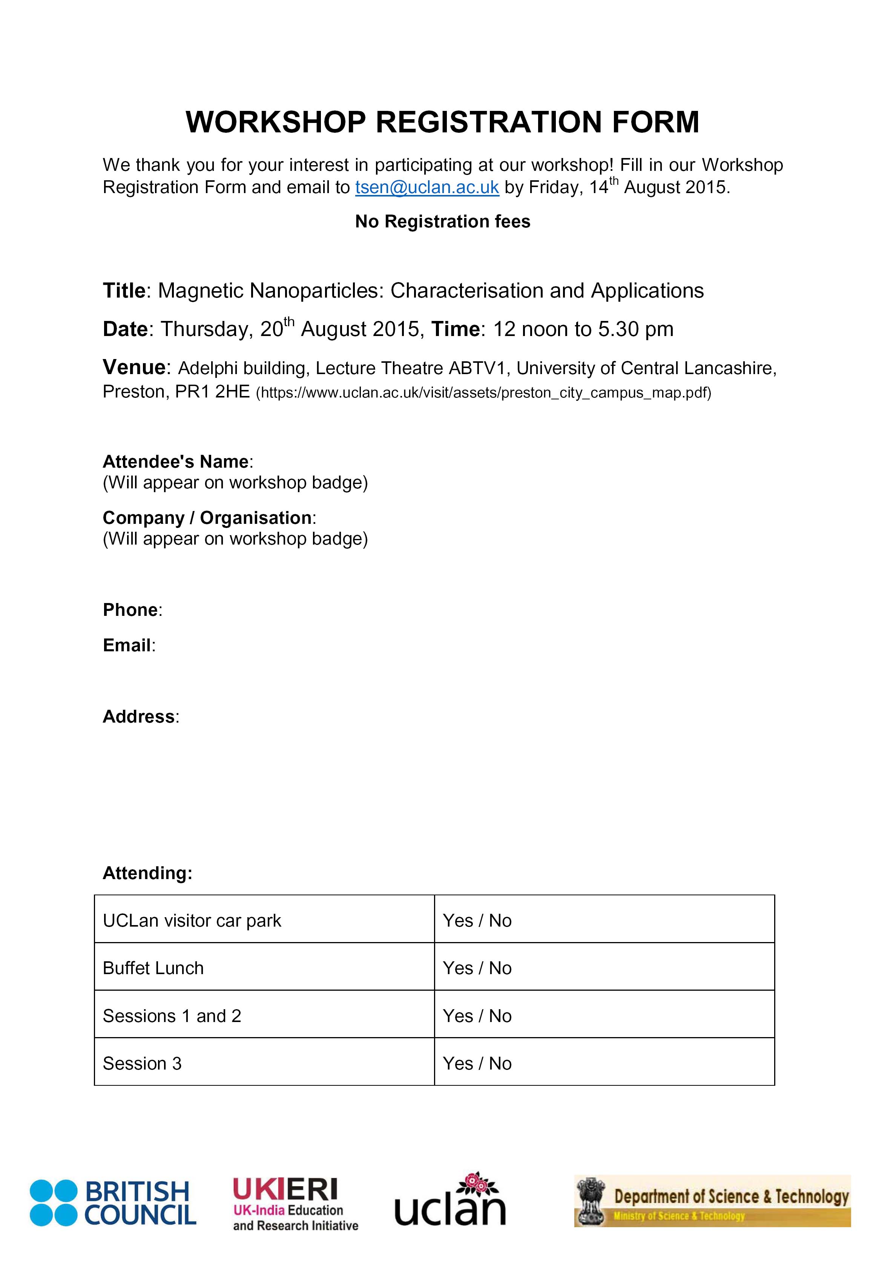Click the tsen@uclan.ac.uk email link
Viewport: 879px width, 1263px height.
point(427,187)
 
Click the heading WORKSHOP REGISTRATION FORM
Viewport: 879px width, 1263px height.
point(442,122)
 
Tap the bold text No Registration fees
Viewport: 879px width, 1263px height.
point(442,221)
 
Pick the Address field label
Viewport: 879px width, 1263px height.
point(140,716)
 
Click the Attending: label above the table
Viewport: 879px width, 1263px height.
point(147,873)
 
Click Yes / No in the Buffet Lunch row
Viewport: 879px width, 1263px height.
point(477,968)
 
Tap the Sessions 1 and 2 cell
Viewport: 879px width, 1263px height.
point(172,1016)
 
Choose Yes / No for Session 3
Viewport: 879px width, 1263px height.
point(477,1063)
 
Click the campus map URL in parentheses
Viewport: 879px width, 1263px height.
point(483,393)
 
